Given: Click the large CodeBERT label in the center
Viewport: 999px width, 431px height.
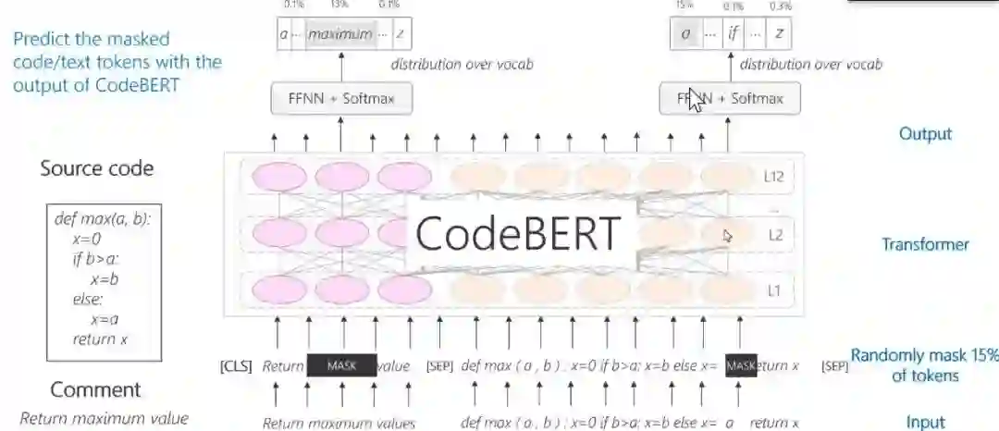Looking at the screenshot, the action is (516, 234).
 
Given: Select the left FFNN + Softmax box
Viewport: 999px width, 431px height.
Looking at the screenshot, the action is (341, 98).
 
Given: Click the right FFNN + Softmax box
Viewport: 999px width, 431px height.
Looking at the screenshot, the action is (730, 98).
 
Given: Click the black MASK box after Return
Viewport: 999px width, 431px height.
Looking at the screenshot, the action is (342, 366).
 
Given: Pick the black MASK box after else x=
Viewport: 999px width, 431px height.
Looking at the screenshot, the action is (741, 366).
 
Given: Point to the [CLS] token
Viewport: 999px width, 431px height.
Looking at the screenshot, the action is (236, 366).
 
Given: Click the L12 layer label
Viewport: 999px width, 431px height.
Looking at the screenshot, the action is (776, 176).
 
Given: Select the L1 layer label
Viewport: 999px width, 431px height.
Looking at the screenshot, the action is (775, 291).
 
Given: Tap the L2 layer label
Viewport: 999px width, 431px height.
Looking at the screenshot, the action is (775, 235).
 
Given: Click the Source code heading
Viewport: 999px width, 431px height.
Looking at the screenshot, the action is (96, 168).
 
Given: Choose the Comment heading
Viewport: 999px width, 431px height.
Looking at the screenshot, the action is (95, 389).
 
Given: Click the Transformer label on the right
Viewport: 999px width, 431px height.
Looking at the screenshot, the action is (925, 244).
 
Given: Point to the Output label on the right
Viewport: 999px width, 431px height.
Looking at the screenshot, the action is (925, 134).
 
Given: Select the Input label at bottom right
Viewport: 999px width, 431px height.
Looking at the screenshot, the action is (925, 423).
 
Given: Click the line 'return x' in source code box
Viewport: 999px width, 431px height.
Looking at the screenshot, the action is (100, 339).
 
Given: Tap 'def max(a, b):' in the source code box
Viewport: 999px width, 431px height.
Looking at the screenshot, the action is (102, 220).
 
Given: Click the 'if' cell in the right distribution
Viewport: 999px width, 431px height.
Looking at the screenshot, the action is (734, 35).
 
